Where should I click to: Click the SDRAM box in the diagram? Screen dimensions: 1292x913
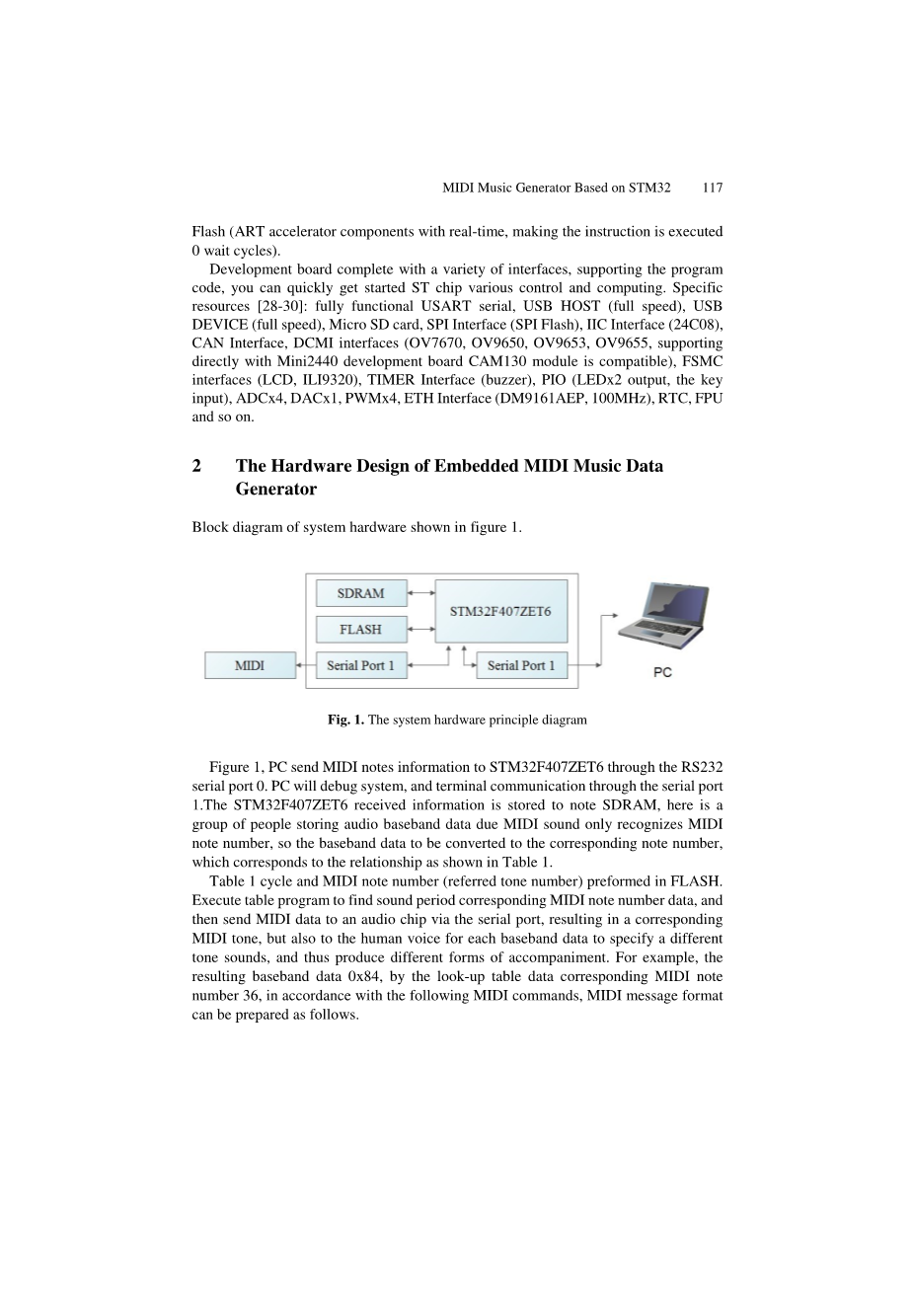360,593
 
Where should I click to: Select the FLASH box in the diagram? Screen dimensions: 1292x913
360,630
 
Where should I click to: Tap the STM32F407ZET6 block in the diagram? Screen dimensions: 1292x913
500,611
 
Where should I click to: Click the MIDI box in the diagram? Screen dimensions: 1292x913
250,665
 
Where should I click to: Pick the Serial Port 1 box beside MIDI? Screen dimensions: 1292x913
360,665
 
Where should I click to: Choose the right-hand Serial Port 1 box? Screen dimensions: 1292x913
521,665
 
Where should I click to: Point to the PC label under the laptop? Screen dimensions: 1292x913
662,673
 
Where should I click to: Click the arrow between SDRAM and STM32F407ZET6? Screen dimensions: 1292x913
421,593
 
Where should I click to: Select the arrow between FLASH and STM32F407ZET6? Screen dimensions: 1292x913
421,630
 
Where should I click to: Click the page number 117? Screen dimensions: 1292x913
713,188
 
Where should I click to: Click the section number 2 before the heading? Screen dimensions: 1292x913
196,466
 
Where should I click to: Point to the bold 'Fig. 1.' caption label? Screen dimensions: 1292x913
345,720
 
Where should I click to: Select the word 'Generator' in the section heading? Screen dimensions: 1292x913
276,489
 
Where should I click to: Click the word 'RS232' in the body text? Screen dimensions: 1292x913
703,767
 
